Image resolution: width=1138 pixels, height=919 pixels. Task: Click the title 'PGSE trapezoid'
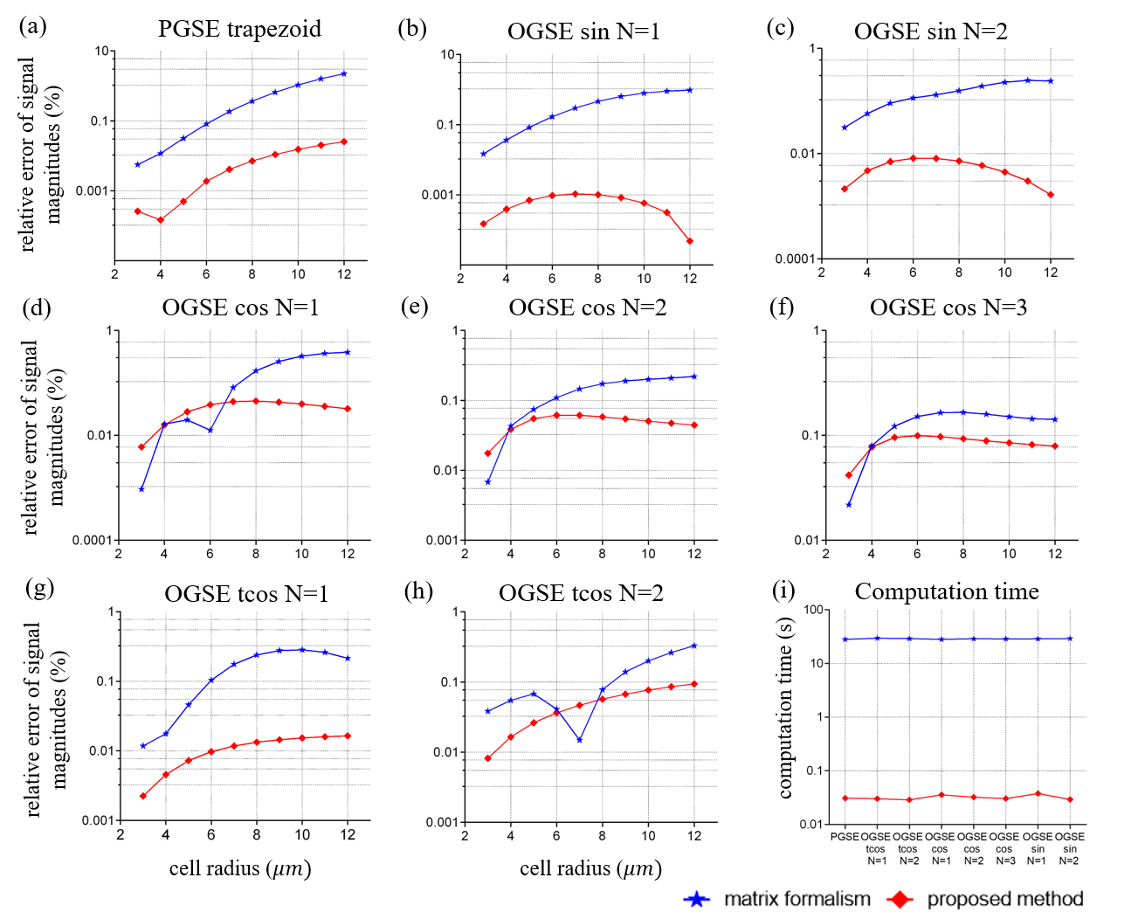[x=239, y=29]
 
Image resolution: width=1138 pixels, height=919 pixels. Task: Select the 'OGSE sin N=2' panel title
[x=930, y=31]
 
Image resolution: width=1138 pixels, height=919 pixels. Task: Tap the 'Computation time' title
[x=947, y=591]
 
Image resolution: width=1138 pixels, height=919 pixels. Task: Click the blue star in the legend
[x=696, y=899]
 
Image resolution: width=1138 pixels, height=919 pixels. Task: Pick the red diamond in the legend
[x=900, y=899]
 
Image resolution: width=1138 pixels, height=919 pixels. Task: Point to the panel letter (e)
[x=413, y=307]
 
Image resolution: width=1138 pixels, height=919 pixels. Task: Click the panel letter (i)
[x=783, y=591]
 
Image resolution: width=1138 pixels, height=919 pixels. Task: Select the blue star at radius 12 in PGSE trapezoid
[x=344, y=73]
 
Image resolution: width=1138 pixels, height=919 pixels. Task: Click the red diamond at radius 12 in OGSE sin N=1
[x=690, y=241]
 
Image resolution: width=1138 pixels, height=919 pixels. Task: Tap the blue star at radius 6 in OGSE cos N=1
[x=210, y=430]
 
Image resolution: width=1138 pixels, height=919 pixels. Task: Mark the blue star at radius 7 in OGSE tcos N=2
[x=579, y=740]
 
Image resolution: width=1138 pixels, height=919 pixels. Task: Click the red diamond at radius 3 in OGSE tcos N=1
[x=142, y=796]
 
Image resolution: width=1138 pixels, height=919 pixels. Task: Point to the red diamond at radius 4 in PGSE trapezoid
[x=160, y=220]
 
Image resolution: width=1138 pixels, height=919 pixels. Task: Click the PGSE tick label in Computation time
[x=845, y=837]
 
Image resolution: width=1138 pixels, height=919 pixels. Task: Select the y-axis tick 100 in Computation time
[x=813, y=609]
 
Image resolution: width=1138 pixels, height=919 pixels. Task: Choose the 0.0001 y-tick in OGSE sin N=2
[x=795, y=259]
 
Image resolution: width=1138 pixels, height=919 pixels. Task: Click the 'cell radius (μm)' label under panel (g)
[x=240, y=868]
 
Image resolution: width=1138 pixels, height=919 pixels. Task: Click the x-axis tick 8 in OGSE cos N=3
[x=963, y=553]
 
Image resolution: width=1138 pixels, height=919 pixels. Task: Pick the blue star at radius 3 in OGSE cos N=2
[x=487, y=482]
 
